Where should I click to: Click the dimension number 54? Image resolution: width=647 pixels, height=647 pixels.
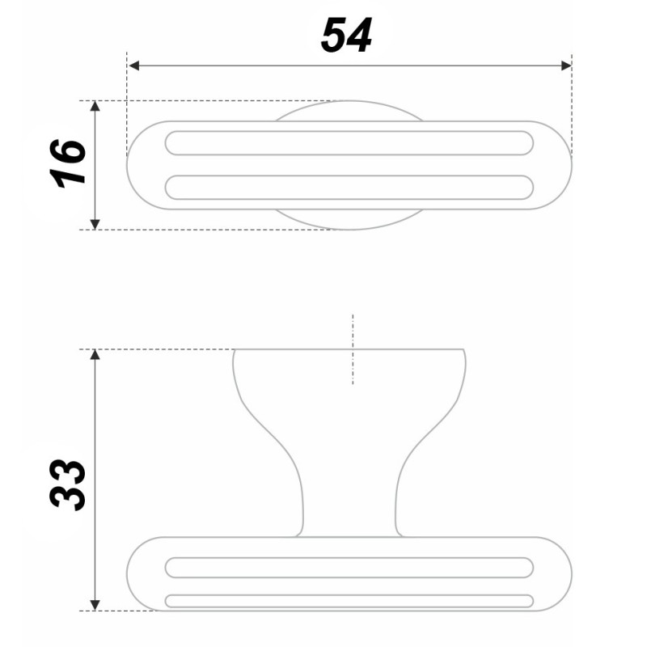point(347,35)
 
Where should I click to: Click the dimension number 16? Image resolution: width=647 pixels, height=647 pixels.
point(68,163)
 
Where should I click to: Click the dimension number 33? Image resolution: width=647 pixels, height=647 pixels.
point(68,484)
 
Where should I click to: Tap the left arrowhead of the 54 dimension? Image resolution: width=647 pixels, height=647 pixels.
point(134,66)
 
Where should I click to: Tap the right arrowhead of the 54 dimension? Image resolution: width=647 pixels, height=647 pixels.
point(566,66)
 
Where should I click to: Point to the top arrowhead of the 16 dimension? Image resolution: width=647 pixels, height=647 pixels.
point(95,106)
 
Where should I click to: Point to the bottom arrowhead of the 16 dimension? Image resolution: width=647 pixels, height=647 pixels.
point(95,224)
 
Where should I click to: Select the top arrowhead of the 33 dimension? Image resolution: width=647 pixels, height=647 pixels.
point(95,355)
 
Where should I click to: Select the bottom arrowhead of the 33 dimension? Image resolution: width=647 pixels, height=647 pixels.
point(95,605)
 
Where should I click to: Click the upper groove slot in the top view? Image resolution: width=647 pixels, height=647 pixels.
point(349,143)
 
